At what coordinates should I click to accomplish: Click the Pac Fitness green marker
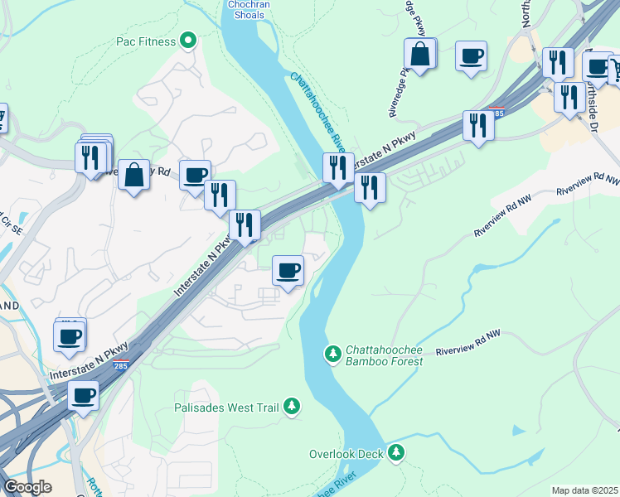[x=189, y=41]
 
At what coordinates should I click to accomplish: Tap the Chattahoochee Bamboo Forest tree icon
[x=333, y=355]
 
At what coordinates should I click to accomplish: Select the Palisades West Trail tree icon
[x=291, y=407]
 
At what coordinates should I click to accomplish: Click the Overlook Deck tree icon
[x=397, y=452]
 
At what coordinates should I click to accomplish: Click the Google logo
[x=27, y=487]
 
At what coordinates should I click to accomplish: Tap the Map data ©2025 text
[x=585, y=490]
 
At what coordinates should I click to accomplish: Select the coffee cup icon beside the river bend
[x=288, y=270]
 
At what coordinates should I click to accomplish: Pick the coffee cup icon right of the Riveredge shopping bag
[x=471, y=55]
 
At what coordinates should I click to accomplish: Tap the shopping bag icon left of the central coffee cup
[x=133, y=175]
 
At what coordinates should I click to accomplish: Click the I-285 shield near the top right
[x=495, y=110]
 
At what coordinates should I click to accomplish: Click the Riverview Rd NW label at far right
[x=588, y=184]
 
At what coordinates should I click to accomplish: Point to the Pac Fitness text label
[x=146, y=41]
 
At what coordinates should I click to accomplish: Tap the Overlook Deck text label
[x=346, y=454]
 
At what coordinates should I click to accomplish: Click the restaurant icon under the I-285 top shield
[x=478, y=125]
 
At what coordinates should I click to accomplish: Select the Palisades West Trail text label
[x=227, y=408]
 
